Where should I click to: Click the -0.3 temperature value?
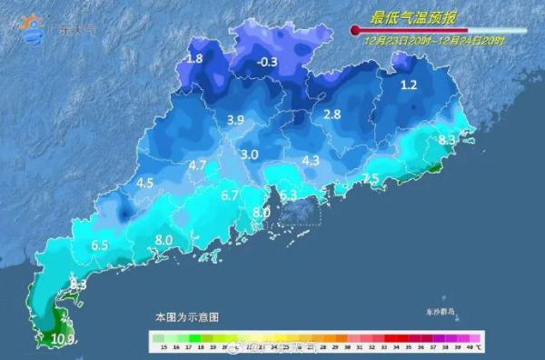tap(268, 62)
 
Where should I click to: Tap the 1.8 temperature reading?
tap(194, 59)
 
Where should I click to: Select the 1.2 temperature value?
tap(408, 85)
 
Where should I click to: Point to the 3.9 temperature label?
tap(236, 120)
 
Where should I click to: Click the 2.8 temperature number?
tap(332, 114)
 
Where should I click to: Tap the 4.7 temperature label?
tap(198, 165)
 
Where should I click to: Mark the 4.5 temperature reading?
tap(144, 183)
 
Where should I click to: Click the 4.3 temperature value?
tap(311, 161)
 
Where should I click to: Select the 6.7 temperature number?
tap(230, 195)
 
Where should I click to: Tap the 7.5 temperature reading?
tap(370, 178)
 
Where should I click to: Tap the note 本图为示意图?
tap(186, 317)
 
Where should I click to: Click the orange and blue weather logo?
tap(34, 28)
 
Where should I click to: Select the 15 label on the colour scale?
tap(161, 347)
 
